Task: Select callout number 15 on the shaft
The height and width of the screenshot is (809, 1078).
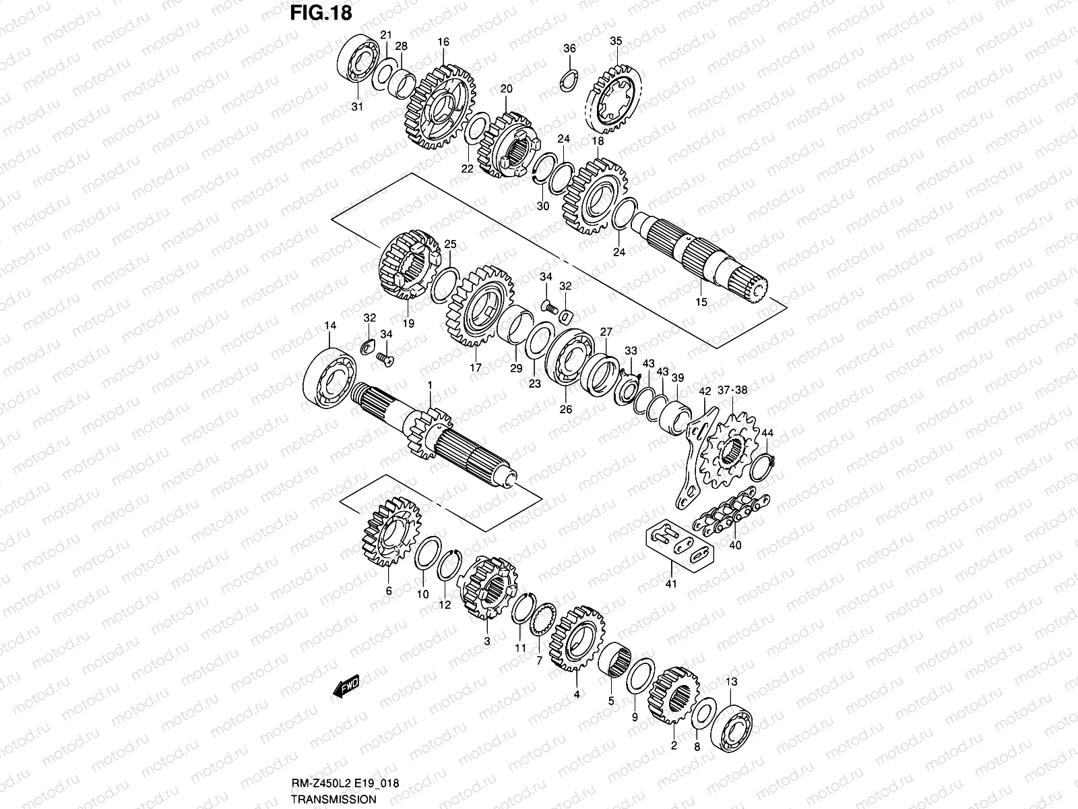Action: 701,302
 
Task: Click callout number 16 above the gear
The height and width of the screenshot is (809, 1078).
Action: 443,42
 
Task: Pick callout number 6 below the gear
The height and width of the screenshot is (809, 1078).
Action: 388,591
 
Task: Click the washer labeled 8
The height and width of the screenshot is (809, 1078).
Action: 702,716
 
